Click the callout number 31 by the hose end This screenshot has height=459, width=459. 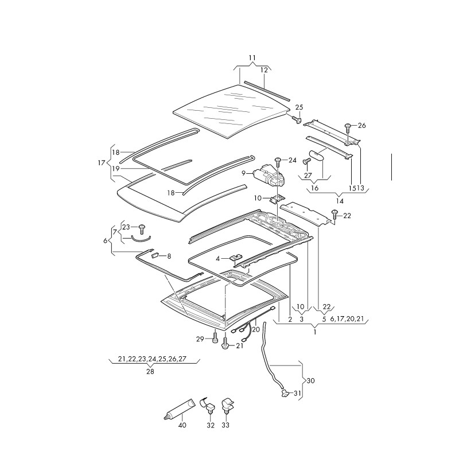click(297, 393)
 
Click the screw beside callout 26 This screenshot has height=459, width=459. click(348, 126)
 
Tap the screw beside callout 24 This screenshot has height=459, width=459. click(278, 161)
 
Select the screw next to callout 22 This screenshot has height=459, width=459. click(335, 215)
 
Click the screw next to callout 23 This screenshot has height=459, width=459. click(141, 227)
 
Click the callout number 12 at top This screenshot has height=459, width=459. click(264, 70)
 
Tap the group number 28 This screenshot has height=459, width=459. click(150, 372)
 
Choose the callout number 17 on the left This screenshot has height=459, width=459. click(102, 163)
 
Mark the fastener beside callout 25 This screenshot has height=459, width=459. click(297, 119)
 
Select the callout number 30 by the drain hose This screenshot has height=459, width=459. click(311, 380)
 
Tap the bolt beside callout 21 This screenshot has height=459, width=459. click(225, 346)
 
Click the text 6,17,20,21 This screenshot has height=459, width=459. click(348, 319)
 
